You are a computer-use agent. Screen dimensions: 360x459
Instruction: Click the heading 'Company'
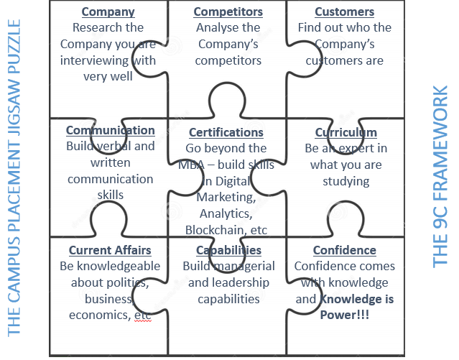pos(108,12)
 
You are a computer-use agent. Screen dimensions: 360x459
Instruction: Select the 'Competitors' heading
pos(228,12)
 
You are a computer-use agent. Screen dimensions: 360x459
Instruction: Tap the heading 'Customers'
pos(345,12)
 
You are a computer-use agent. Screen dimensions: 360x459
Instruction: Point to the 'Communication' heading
pos(110,130)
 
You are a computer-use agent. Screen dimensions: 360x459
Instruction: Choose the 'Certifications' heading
pos(226,132)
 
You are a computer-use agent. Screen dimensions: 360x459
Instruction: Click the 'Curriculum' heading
pos(346,132)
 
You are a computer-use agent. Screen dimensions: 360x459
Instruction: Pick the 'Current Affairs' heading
pos(110,250)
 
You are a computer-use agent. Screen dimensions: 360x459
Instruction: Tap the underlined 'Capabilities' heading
pos(228,250)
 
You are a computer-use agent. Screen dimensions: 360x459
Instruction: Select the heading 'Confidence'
pos(345,250)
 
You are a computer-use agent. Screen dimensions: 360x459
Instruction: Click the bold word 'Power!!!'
pos(345,315)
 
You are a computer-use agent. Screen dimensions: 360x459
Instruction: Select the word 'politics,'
pos(123,282)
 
